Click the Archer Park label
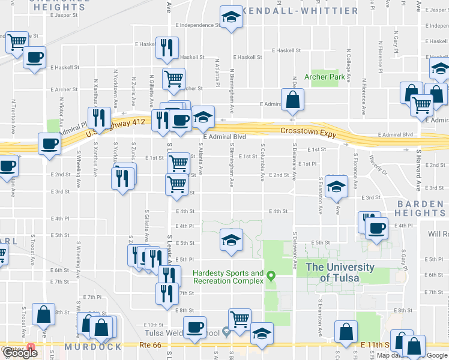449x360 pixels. pyautogui.click(x=325, y=77)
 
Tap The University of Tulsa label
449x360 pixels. pyautogui.click(x=339, y=272)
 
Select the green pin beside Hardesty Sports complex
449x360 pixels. pyautogui.click(x=271, y=277)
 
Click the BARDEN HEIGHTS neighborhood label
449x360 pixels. pyautogui.click(x=420, y=208)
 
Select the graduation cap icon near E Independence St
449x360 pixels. pyautogui.click(x=230, y=18)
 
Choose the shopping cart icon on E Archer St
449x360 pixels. pyautogui.click(x=174, y=78)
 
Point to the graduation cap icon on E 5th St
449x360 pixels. pyautogui.click(x=231, y=240)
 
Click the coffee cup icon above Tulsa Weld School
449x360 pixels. pyautogui.click(x=194, y=327)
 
